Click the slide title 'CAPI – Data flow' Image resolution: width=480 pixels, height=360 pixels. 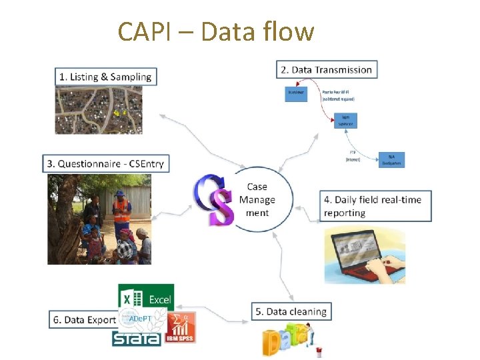[x=215, y=31]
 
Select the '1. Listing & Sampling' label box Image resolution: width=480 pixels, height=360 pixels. [x=106, y=77]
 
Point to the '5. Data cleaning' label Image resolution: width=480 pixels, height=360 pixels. [x=291, y=311]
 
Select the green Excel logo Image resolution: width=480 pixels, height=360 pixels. [x=146, y=299]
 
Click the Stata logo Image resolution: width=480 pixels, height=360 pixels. [x=137, y=339]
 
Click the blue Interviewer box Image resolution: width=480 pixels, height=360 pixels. [x=296, y=94]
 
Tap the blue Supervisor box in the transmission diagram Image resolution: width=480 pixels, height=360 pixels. [x=346, y=121]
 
